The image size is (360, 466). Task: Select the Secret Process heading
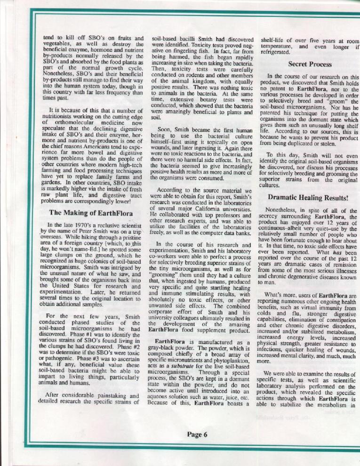coord(310,64)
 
